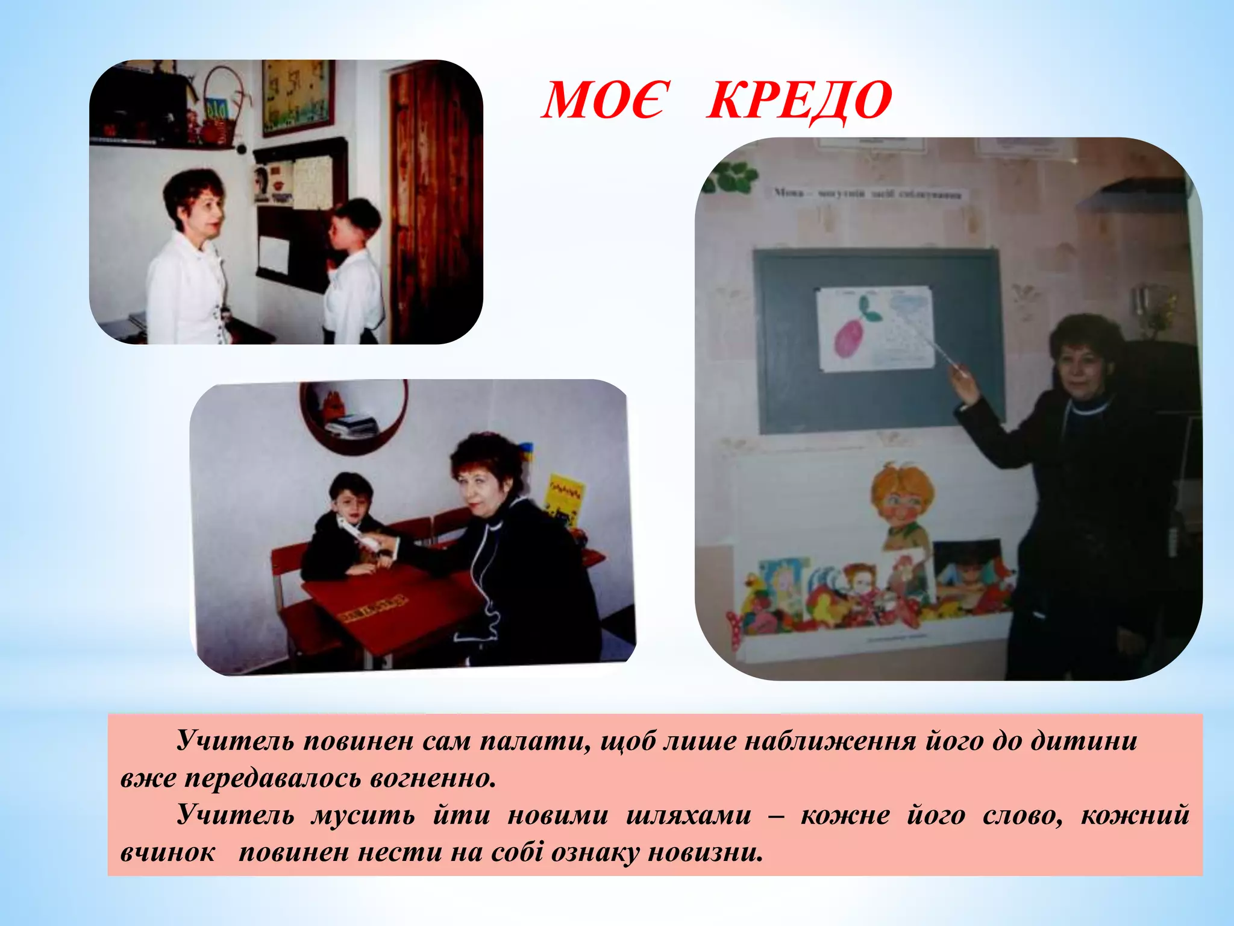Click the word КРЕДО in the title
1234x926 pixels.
[x=799, y=101]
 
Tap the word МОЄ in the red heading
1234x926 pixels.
[x=604, y=101]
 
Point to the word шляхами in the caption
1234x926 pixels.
[x=689, y=816]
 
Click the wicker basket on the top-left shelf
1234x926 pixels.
[x=220, y=112]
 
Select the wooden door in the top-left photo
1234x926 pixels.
[x=433, y=199]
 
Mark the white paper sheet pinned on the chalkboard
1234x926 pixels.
[x=875, y=329]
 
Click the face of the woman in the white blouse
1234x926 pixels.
[x=205, y=211]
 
